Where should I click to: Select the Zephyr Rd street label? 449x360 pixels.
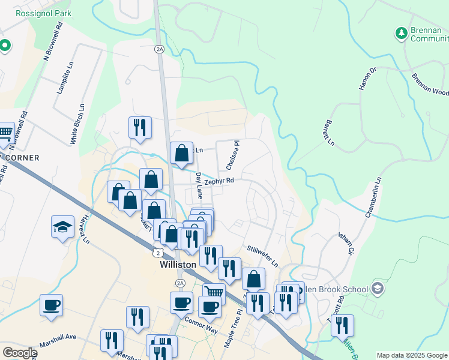click(x=218, y=181)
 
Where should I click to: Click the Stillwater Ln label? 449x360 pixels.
click(x=263, y=256)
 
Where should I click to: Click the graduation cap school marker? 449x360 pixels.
click(x=62, y=227)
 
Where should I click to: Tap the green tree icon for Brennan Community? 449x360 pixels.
click(x=401, y=33)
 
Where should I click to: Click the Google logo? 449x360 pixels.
click(x=20, y=353)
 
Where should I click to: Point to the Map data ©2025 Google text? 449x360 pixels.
click(x=411, y=355)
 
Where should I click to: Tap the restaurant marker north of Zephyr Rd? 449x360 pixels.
click(x=140, y=127)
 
